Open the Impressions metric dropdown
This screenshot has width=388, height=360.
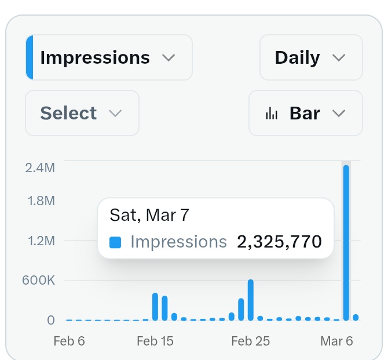(x=108, y=57)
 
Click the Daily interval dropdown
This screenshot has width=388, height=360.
(x=310, y=57)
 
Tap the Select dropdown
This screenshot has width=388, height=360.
(x=82, y=113)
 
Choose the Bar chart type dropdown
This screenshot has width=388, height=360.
(x=305, y=113)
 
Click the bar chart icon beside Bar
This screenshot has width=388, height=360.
(x=272, y=114)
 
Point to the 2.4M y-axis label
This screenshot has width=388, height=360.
(x=40, y=168)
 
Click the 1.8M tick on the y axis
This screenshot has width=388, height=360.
(x=40, y=201)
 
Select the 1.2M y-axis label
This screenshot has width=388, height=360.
(x=40, y=241)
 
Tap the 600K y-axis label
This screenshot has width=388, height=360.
(x=39, y=281)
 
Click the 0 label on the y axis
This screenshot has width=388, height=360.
(x=51, y=320)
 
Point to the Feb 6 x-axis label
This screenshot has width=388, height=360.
(x=69, y=341)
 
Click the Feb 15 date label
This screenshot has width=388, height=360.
(x=155, y=341)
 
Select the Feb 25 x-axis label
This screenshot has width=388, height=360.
(x=250, y=341)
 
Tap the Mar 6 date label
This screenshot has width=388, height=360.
(x=336, y=341)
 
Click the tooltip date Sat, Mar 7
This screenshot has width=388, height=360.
(x=149, y=215)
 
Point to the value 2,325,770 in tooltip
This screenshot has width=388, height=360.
(x=279, y=241)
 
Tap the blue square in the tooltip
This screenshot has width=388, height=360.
(x=115, y=242)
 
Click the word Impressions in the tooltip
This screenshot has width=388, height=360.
(x=178, y=241)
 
